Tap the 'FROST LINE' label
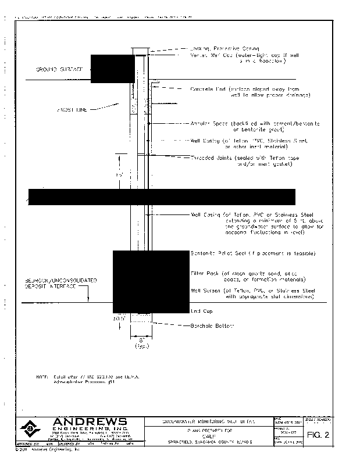click(x=72, y=109)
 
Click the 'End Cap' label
click(x=202, y=312)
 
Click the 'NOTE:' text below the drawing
click(x=42, y=377)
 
